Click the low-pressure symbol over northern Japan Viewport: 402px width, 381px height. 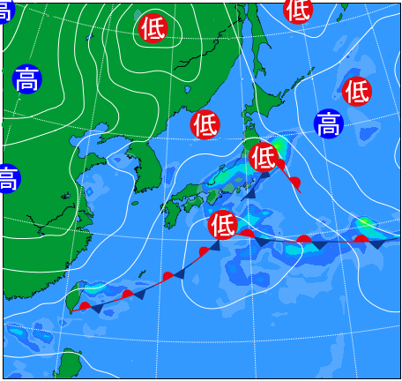click(263, 157)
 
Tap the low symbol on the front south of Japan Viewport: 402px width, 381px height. click(223, 226)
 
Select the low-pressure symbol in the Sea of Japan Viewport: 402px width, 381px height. click(205, 124)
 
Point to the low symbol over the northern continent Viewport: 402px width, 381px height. click(153, 28)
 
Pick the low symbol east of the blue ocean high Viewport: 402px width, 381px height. click(357, 90)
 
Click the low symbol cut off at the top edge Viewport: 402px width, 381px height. click(298, 9)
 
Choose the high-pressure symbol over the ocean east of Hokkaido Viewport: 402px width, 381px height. click(328, 123)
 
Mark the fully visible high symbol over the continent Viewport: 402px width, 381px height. click(28, 79)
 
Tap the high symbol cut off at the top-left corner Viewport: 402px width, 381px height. click(5, 9)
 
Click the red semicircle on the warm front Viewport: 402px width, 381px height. click(295, 183)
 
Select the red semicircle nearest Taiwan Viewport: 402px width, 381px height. click(85, 306)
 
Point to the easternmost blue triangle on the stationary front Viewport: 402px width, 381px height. click(377, 243)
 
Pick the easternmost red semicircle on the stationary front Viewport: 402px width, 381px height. click(361, 238)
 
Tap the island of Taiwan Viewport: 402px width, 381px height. click(76, 296)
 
